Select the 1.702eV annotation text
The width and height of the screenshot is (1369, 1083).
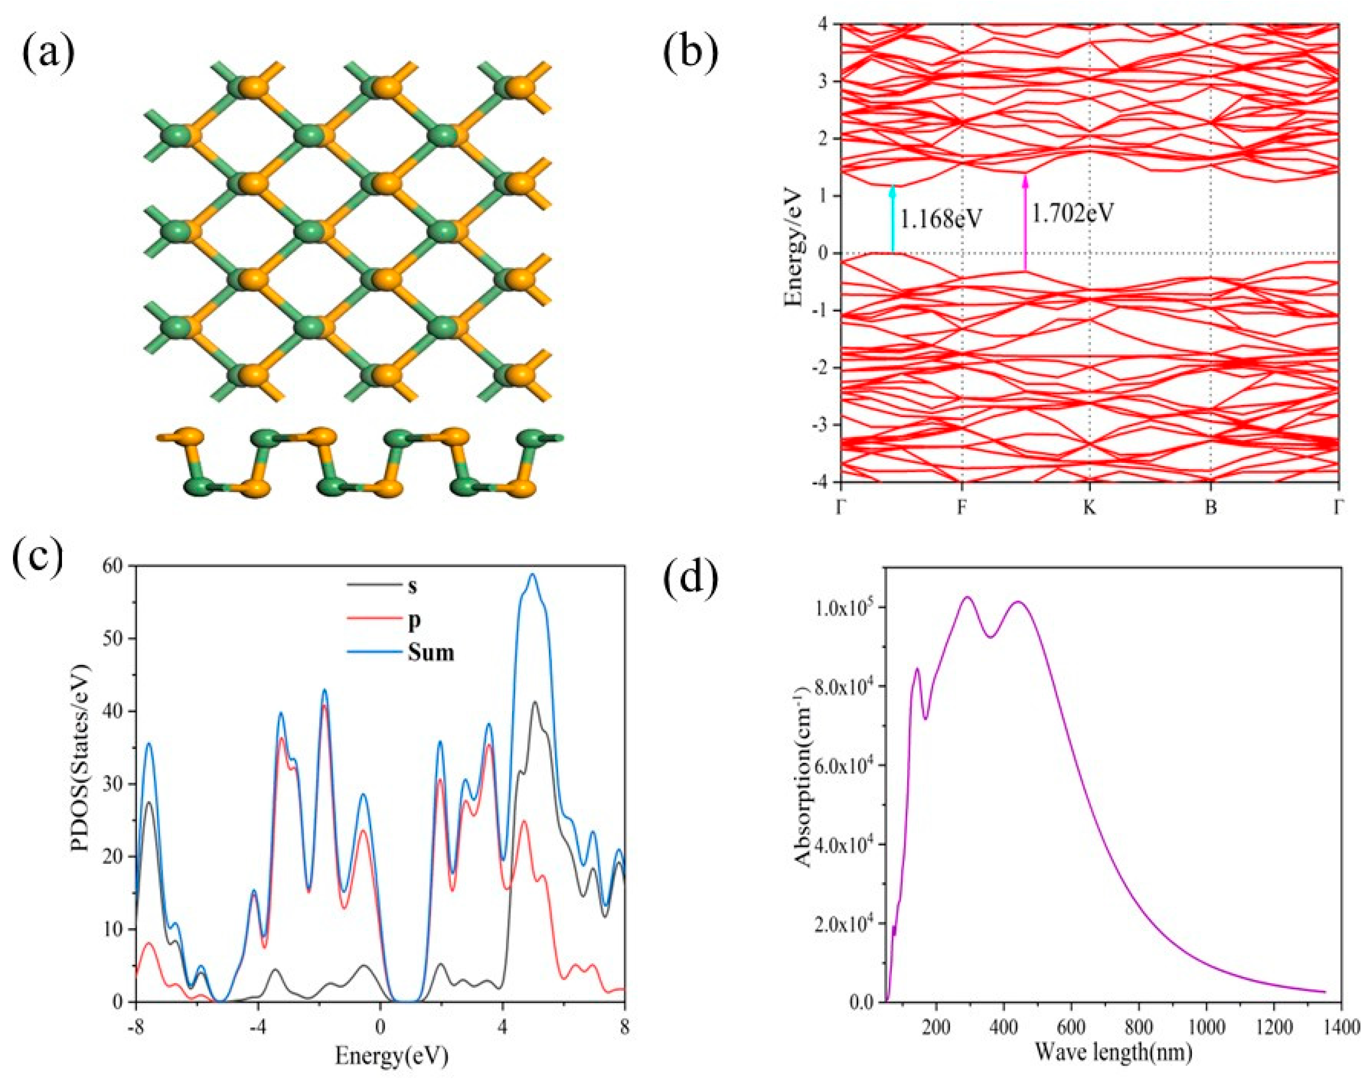(x=1072, y=214)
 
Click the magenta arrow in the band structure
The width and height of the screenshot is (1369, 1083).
(x=1024, y=222)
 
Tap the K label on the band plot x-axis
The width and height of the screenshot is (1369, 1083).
(x=1089, y=508)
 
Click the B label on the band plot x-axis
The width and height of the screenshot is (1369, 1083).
(x=1210, y=508)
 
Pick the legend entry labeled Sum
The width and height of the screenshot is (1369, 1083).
(x=431, y=652)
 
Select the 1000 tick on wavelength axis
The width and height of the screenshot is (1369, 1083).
(x=1206, y=1026)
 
